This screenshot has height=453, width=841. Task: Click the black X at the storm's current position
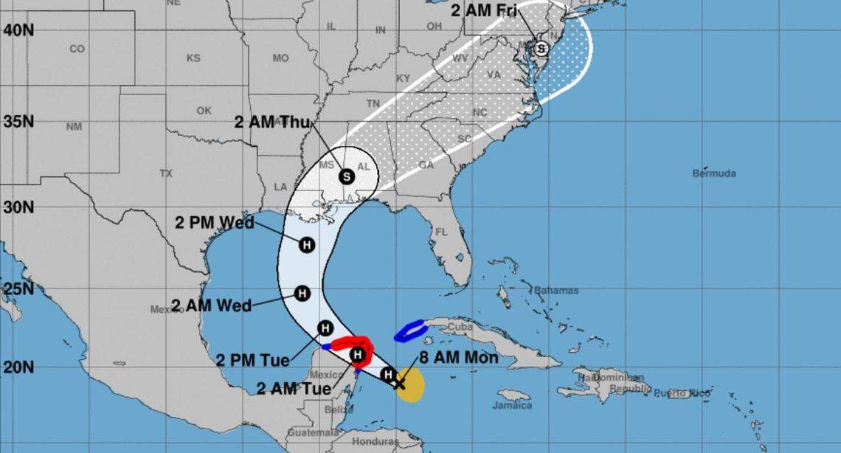pos(399,383)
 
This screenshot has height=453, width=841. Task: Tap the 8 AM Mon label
pos(459,358)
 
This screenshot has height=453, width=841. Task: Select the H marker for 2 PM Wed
pos(308,246)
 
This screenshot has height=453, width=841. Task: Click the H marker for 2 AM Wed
pos(302,293)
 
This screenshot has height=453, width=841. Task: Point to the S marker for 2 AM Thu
pos(347,176)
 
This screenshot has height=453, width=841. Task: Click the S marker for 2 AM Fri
pos(541,49)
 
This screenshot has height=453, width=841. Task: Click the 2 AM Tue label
pos(293,388)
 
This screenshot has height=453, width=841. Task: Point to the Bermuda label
pos(713,173)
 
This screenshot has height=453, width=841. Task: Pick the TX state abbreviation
pos(165,173)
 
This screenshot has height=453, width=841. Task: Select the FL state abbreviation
pos(441,232)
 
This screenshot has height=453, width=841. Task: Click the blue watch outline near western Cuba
pos(409,331)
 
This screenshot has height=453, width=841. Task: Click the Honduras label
pos(376,442)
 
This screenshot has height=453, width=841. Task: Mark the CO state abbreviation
pos(77,49)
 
